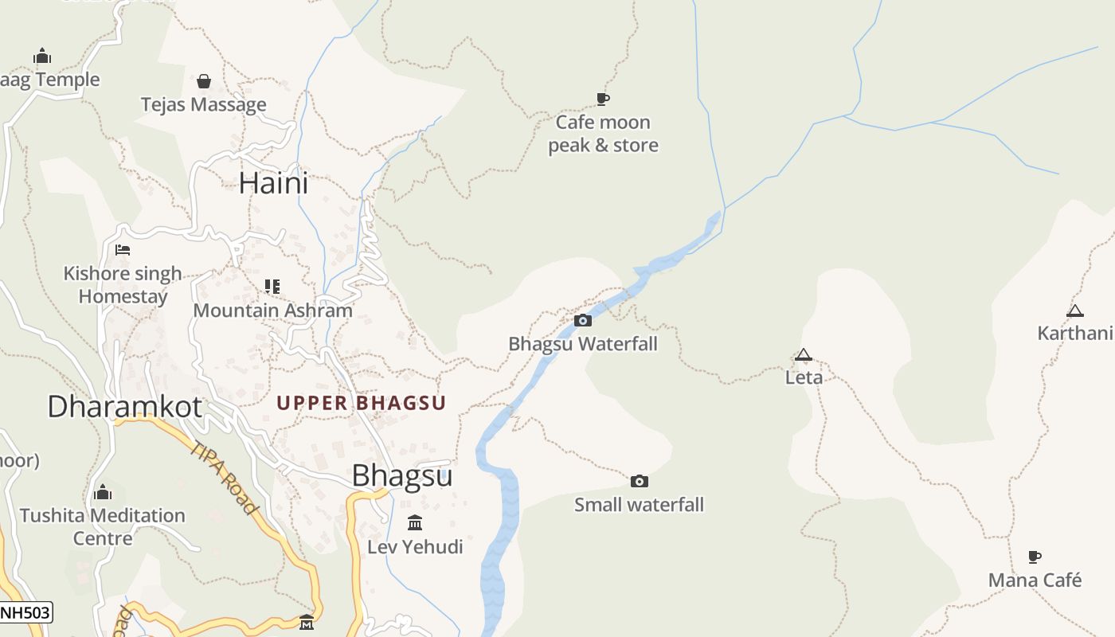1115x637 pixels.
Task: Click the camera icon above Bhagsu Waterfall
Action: [583, 320]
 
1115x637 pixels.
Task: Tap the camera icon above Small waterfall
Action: [639, 481]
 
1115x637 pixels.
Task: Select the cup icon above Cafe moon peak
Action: [603, 100]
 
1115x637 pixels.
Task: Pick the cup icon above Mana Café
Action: [1035, 557]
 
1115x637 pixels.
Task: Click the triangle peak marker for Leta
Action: [804, 354]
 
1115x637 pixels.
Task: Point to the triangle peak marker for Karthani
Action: [1075, 311]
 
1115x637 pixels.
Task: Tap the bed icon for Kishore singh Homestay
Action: [123, 250]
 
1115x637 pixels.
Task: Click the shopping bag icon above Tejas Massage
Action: [204, 81]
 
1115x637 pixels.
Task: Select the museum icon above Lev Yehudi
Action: [415, 523]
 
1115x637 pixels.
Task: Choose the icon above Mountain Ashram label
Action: [272, 286]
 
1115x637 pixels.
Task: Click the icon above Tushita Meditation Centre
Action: [103, 493]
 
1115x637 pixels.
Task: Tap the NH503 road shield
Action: [25, 612]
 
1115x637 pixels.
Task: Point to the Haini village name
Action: [273, 183]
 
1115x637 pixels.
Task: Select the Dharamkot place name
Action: [125, 406]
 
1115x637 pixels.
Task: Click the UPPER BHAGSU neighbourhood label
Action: [361, 403]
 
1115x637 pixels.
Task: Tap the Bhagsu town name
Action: [402, 475]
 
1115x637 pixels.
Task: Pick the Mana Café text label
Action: [1035, 580]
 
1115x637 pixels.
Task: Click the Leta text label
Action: [804, 377]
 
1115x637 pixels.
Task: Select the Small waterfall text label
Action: [639, 504]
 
